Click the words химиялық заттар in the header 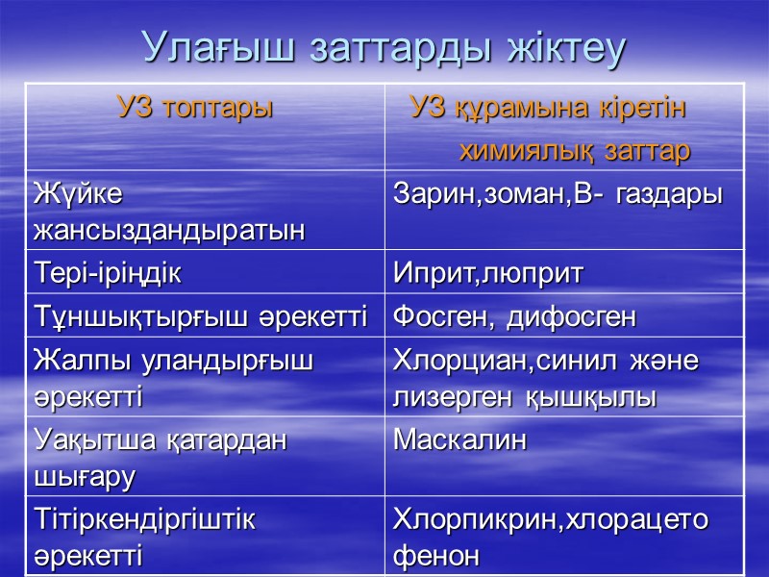pos(575,151)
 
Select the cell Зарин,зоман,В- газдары pos(558,193)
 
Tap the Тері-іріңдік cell pos(107,274)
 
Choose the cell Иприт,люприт pos(487,274)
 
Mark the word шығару pos(84,476)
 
